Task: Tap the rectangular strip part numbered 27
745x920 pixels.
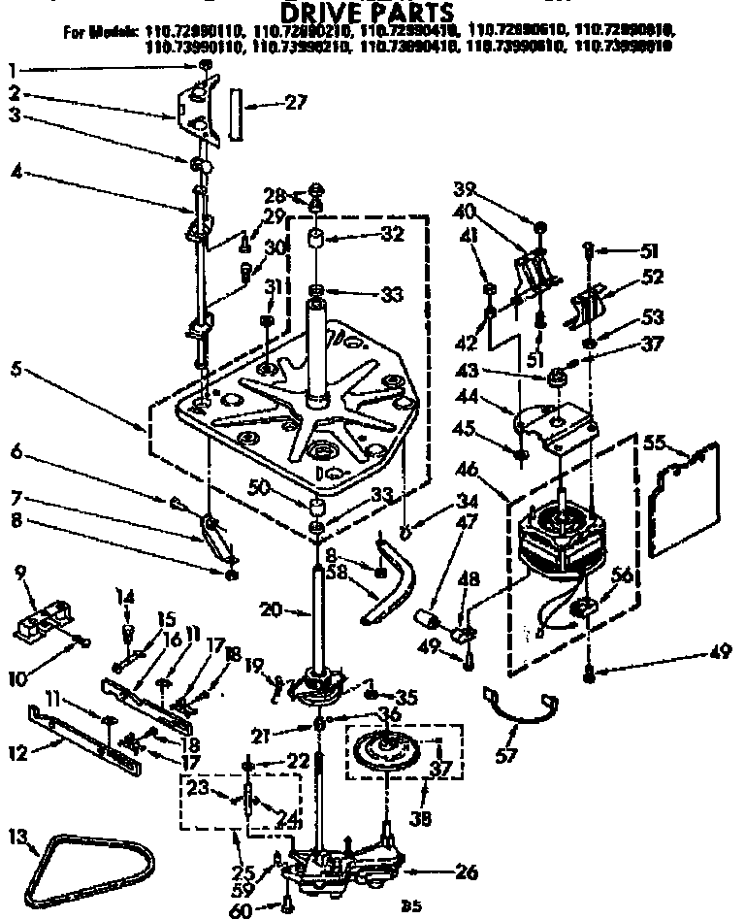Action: pyautogui.click(x=238, y=114)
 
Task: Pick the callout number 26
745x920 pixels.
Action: pyautogui.click(x=466, y=873)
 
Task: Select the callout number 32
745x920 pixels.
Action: pyautogui.click(x=364, y=234)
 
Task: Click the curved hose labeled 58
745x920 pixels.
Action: pyautogui.click(x=393, y=589)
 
